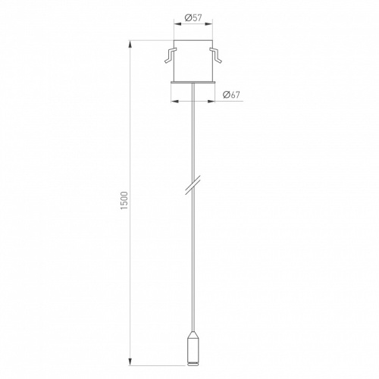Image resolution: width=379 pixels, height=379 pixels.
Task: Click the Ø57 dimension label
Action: click(x=193, y=18)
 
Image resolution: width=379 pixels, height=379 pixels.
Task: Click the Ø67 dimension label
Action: click(x=231, y=95)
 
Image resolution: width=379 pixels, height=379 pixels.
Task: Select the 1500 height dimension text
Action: click(x=124, y=200)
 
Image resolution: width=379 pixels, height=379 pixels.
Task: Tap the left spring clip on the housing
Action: click(x=171, y=55)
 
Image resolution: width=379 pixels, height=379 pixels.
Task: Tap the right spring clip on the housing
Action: click(x=215, y=55)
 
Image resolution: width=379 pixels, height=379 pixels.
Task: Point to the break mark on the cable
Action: click(x=193, y=185)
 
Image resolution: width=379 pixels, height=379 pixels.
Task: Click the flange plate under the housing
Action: click(x=193, y=82)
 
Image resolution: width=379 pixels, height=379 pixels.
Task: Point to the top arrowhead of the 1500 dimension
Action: click(x=130, y=45)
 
